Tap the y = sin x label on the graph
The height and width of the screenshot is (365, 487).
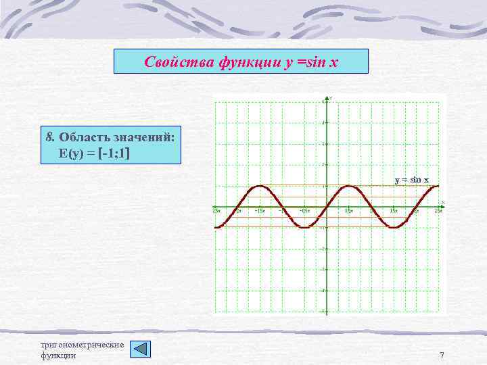point(412,179)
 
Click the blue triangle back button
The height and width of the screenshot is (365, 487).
point(140,349)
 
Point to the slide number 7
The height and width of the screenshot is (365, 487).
point(442,356)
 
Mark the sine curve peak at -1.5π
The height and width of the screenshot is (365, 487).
point(259,186)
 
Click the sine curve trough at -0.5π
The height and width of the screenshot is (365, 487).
point(304,228)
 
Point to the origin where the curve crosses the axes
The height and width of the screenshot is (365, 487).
point(327,207)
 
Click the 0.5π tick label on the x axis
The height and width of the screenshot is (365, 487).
point(350,211)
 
